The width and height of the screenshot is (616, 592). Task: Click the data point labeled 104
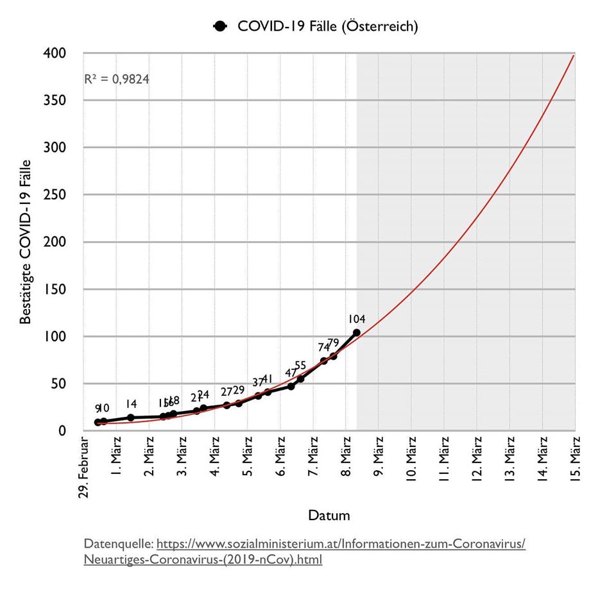(x=356, y=332)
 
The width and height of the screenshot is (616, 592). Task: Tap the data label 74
(x=324, y=347)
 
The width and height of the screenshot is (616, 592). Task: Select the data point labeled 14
(x=131, y=418)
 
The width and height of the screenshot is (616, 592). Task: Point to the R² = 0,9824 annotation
(x=117, y=80)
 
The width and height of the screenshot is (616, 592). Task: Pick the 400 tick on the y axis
(x=57, y=53)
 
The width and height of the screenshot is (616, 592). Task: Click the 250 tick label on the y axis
(x=57, y=195)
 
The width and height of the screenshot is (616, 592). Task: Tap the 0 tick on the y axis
(x=62, y=431)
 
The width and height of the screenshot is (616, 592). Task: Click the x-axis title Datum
(x=329, y=515)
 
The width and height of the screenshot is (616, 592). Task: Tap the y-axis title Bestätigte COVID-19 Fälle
(x=26, y=242)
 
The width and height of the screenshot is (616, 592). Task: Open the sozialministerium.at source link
(x=341, y=544)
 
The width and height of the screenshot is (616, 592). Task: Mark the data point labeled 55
(x=300, y=379)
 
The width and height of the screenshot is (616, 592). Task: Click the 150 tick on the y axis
(x=57, y=289)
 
